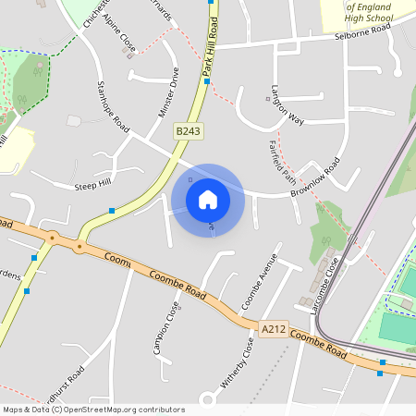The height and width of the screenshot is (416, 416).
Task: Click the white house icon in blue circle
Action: coord(208,200)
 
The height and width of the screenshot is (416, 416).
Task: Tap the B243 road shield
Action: coord(189,132)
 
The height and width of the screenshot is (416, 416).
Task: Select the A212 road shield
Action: coord(274,328)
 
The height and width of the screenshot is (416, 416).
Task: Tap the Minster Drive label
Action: coord(168,92)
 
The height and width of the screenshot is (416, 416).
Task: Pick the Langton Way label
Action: coord(288,106)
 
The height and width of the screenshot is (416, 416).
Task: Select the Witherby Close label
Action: coord(248,361)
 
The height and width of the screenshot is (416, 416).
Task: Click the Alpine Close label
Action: coord(120,33)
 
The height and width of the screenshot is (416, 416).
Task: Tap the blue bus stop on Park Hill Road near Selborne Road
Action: coord(207,80)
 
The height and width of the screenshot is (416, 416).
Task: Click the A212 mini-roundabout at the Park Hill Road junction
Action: coord(80,247)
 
